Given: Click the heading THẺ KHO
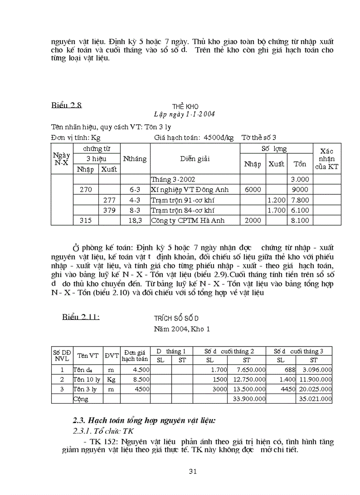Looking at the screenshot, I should pos(185,107).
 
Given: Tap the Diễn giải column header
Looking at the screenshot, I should pos(194,159).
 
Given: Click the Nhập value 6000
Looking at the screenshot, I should pos(252,189).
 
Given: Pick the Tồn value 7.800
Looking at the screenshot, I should pos(300,200).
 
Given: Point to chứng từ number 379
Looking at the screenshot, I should pos(109,210).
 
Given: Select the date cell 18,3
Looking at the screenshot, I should pos(135,220).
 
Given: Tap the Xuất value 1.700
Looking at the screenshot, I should pos(277,210).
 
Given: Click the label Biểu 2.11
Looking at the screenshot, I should pos(80,316).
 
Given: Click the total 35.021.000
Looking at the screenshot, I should pos(314,399).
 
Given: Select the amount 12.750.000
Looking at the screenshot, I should pos(247,379).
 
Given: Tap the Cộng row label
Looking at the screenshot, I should pos(81,399).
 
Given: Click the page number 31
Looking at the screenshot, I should pos(192,471).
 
